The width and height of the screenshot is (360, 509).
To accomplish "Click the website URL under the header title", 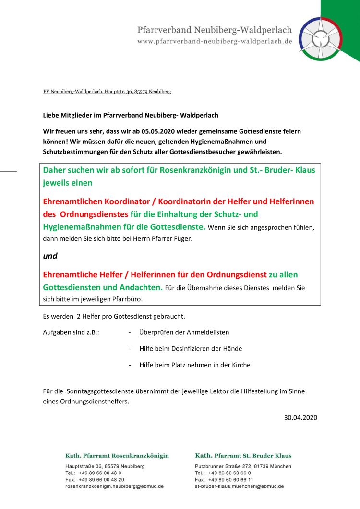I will click(x=215, y=41).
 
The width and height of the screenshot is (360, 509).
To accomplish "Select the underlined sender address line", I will click(x=107, y=91).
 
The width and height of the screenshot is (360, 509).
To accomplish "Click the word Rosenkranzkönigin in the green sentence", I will click(x=199, y=170).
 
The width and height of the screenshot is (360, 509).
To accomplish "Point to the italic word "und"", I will click(x=50, y=256).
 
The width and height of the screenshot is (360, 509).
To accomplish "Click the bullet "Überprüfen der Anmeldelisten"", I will click(x=184, y=332).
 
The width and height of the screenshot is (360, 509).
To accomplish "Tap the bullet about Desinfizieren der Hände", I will click(x=191, y=348).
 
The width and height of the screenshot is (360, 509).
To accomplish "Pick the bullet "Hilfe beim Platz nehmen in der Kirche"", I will click(x=195, y=365).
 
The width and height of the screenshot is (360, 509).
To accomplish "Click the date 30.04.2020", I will click(x=301, y=417).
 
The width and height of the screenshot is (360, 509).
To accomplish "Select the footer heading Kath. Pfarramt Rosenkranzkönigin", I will click(x=117, y=455).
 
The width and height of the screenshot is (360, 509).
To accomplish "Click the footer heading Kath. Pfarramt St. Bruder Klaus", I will click(x=243, y=455).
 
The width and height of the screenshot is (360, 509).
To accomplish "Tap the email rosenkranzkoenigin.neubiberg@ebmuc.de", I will click(x=114, y=486).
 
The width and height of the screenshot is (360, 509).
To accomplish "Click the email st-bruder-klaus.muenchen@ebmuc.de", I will click(x=240, y=486).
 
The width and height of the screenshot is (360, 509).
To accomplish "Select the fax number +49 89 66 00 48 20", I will click(x=101, y=479).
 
